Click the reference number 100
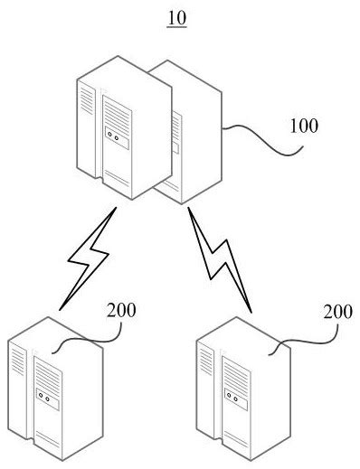click(303, 126)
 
